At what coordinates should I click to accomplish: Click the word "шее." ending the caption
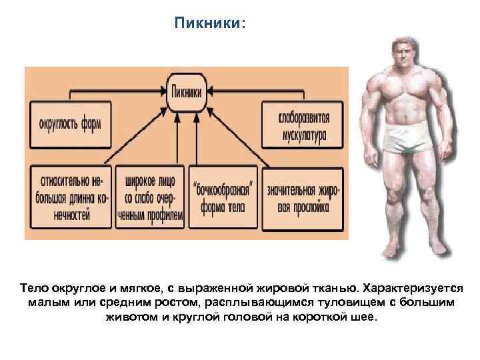pos(365,317)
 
